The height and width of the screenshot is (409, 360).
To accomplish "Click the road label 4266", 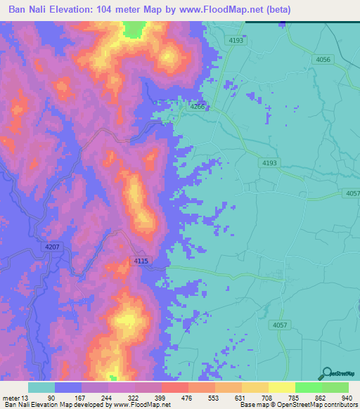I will [x=197, y=107].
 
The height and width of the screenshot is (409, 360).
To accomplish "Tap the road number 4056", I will [x=323, y=60].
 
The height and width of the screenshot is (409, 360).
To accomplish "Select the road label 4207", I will [x=53, y=247].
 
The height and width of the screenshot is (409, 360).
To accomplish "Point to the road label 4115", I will [x=141, y=261].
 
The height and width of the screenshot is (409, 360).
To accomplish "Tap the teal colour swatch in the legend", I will [x=41, y=387].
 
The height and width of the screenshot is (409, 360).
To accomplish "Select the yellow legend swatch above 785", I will [x=282, y=387].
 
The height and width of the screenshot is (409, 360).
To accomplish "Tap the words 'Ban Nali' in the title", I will [x=30, y=10].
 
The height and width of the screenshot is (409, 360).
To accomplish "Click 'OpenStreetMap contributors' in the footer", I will [x=320, y=405].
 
